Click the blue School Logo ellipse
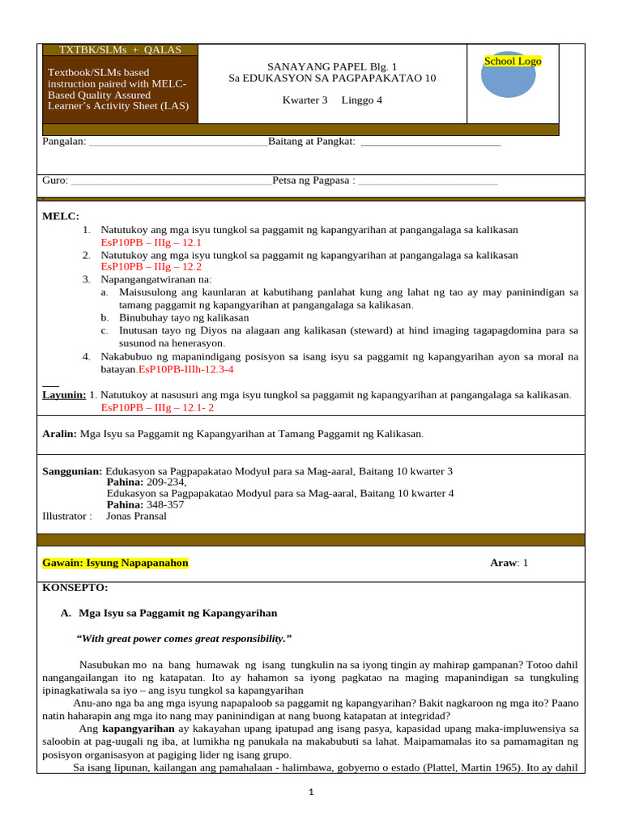click(x=508, y=74)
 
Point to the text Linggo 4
click(x=361, y=100)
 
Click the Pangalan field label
click(x=64, y=142)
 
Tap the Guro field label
click(x=55, y=181)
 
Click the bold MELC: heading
click(x=61, y=216)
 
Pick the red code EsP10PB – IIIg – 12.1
click(x=151, y=242)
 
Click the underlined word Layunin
click(x=64, y=395)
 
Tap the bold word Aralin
click(x=59, y=434)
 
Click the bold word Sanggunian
click(x=72, y=471)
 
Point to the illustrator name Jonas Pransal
click(x=136, y=516)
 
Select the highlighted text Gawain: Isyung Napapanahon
click(x=115, y=563)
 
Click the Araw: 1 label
click(x=509, y=563)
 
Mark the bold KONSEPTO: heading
click(x=75, y=588)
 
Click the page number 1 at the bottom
click(x=311, y=793)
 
